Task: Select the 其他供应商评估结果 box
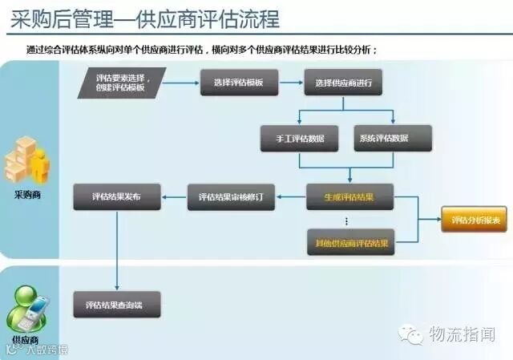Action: (350, 241)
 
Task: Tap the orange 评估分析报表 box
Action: (473, 219)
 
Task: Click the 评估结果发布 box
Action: (117, 196)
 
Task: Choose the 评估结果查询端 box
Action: (117, 305)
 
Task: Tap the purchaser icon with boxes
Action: (27, 160)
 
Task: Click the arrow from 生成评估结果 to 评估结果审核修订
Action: (291, 196)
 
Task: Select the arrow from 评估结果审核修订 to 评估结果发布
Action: (174, 196)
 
